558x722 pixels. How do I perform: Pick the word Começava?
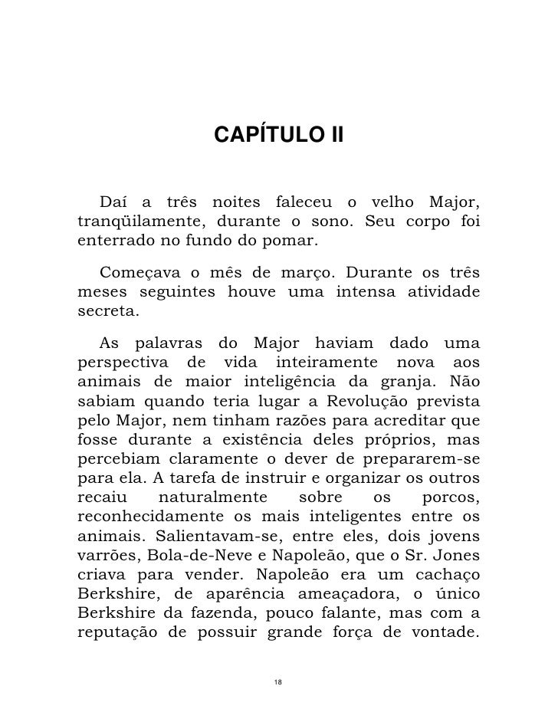click(135, 272)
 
